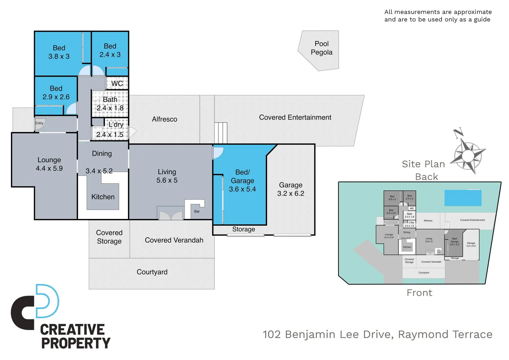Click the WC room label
pos(117,83)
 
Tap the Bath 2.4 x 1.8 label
pos(110,104)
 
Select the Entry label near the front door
pos(39,123)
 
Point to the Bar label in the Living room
pos(197,211)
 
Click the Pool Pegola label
pos(321,48)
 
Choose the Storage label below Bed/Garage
pos(244,229)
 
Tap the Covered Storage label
pos(109,237)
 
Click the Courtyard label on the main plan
pos(152,272)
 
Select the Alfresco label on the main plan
pos(165,119)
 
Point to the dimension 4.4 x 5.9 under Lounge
pos(49,169)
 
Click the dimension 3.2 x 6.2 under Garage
pos(290,194)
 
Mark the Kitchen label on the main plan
pos(103,197)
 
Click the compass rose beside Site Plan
pos(468,155)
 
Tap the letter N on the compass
pos(458,133)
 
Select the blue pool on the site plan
pos(463,198)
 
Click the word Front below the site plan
pos(419,293)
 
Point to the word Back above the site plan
pos(426,177)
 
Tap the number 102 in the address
pos(272,334)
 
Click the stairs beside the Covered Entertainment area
pos(221,133)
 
